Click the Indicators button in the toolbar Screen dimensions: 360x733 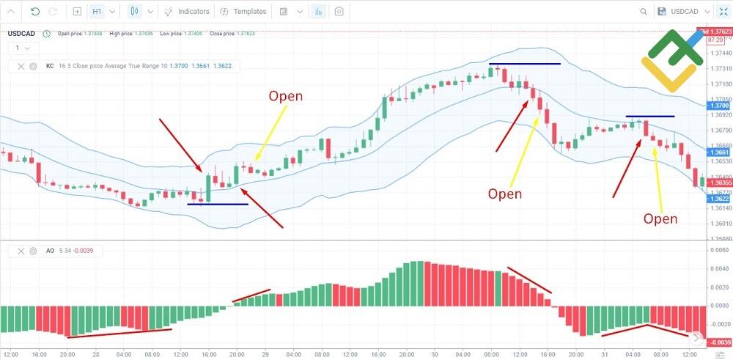187,12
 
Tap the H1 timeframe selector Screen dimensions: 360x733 97,12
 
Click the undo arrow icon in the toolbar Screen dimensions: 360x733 35,12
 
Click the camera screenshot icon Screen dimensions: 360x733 339,12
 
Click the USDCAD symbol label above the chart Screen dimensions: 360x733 22,33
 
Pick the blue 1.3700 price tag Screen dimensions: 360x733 719,106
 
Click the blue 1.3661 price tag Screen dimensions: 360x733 719,153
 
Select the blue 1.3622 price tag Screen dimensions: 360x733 719,199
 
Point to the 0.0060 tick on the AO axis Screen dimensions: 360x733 719,250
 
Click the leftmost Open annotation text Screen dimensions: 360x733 285,96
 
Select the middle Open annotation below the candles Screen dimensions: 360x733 505,194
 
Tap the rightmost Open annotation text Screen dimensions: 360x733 660,218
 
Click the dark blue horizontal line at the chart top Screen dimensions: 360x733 525,64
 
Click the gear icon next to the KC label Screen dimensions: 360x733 33,66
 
